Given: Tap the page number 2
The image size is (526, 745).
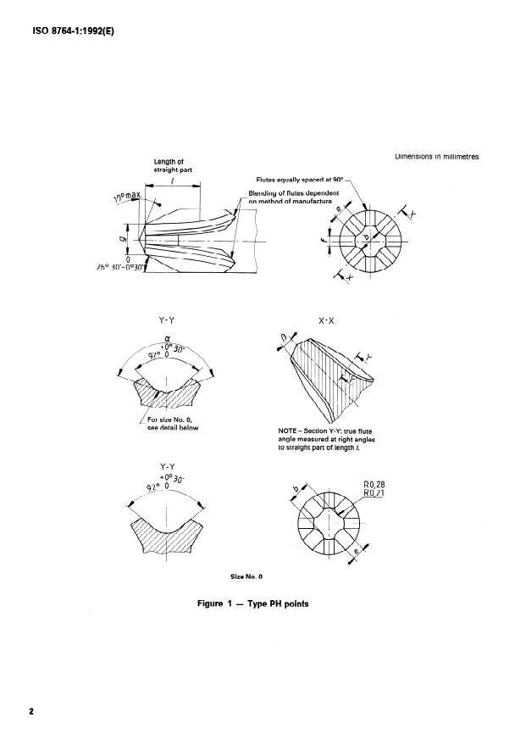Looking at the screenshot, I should [x=31, y=710].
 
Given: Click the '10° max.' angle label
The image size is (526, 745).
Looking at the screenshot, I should [x=126, y=202].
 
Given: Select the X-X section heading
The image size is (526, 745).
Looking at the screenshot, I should [x=328, y=321].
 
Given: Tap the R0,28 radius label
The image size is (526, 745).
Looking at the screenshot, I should [x=374, y=484].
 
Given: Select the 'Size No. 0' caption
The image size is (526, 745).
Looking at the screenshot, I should [x=247, y=576].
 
